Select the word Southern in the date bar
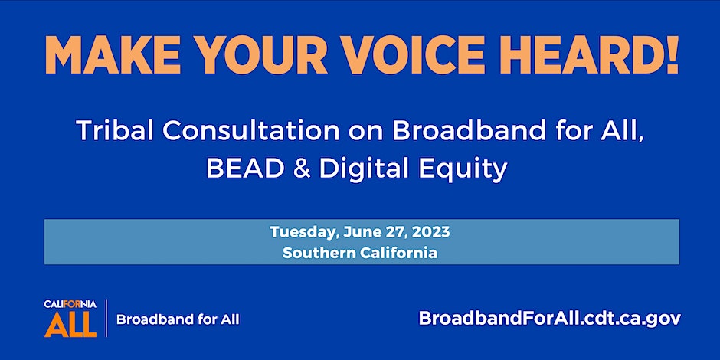pos(313,253)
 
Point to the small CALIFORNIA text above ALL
pos(70,304)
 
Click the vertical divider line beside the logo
pos(106,319)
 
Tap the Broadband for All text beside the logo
pos(178,319)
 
